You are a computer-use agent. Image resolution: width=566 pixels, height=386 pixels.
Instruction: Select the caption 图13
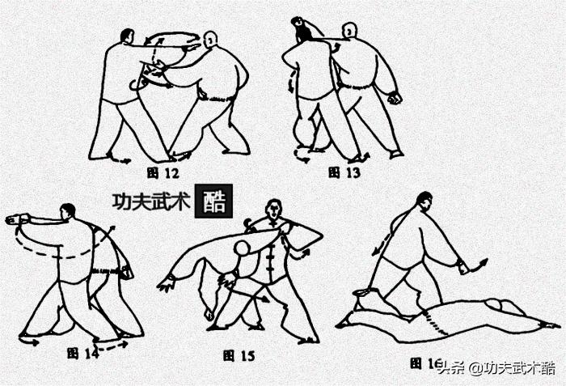coord(340,172)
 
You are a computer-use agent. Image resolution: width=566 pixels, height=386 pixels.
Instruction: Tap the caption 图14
coord(80,353)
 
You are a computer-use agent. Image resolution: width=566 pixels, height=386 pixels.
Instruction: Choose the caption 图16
coord(422,363)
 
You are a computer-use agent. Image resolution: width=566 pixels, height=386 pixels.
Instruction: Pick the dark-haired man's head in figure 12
coord(127,36)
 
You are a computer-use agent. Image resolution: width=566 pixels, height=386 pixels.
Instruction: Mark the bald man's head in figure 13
coord(348,31)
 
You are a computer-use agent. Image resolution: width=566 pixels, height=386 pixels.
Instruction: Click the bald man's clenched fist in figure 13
coord(395,99)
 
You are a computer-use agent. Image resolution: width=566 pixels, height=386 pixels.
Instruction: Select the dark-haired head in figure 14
coord(69,211)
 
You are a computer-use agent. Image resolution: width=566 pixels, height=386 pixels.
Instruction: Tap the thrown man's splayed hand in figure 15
coord(168,283)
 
